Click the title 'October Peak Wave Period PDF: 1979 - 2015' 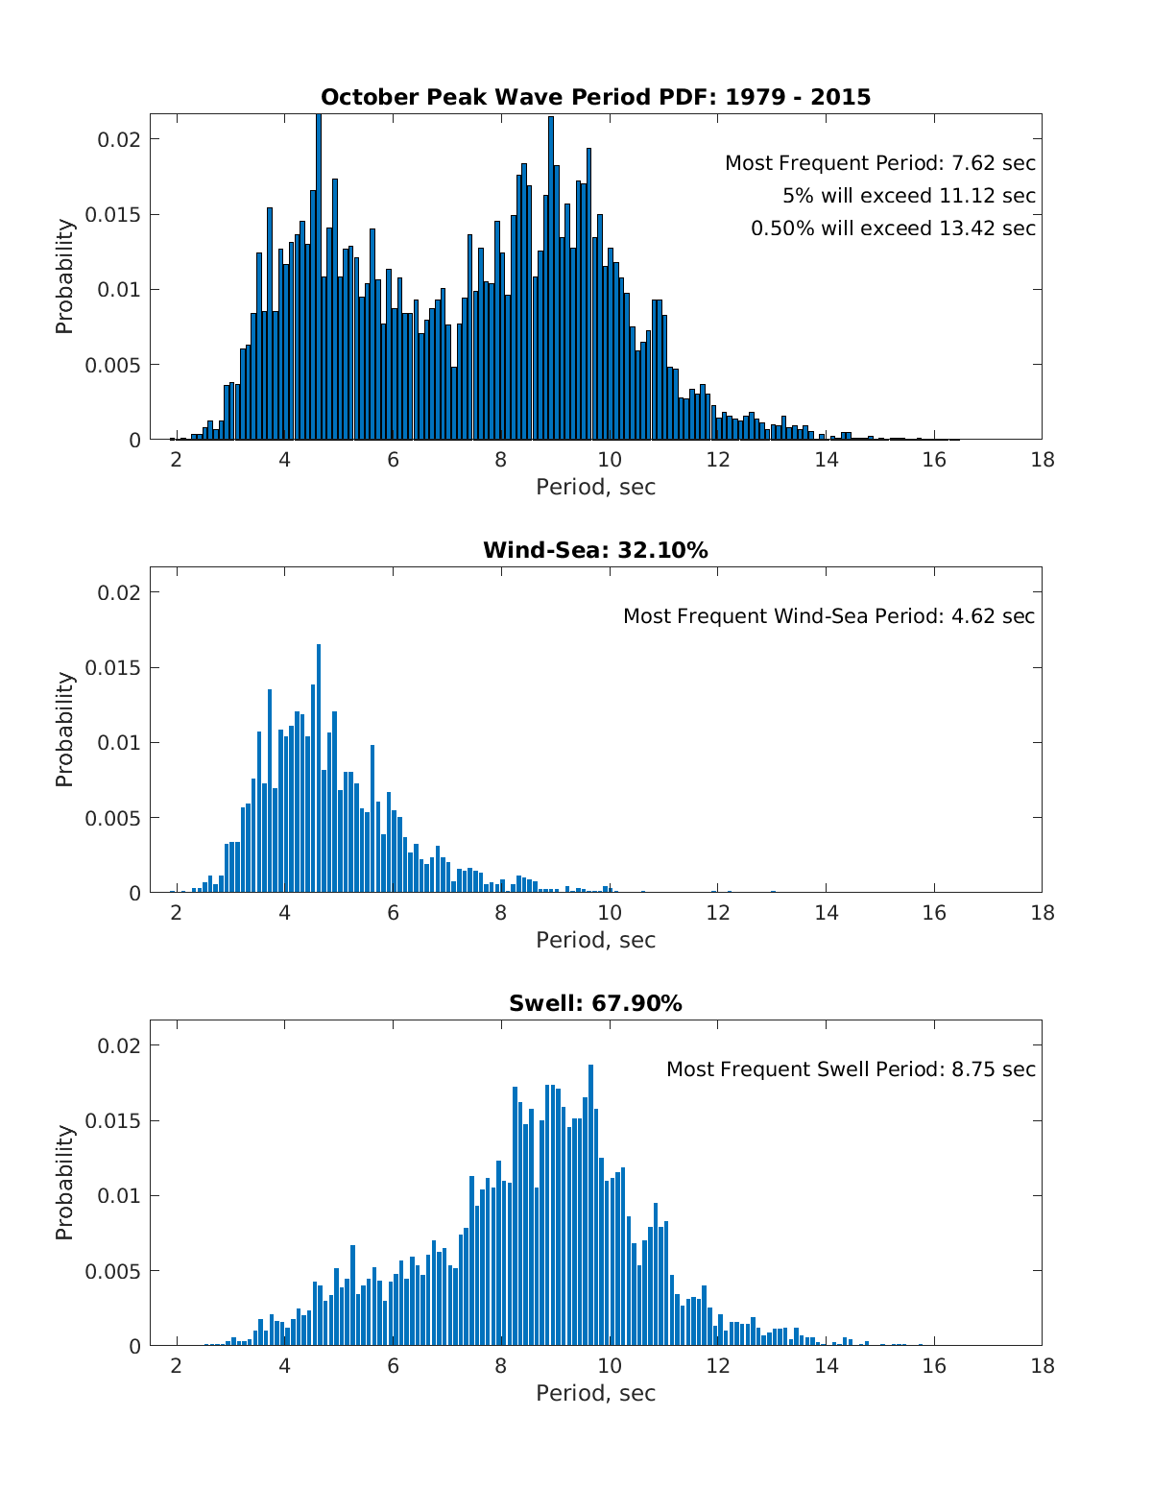tap(595, 97)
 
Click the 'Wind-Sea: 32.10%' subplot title tap(595, 550)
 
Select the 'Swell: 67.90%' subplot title tap(595, 1003)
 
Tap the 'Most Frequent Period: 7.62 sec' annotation tap(879, 163)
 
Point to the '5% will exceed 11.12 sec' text tap(908, 196)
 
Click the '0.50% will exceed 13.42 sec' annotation tap(893, 228)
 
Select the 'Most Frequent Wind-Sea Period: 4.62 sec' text tap(828, 616)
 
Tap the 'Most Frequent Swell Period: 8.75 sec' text tap(851, 1069)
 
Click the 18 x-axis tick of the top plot tap(1042, 460)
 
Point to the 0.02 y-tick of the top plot tap(119, 139)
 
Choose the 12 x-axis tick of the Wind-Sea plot tap(717, 913)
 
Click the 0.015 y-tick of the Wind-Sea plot tap(113, 668)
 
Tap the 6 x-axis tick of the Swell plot tap(393, 1366)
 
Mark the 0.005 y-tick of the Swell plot tap(113, 1271)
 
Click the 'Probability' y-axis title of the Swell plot tap(64, 1183)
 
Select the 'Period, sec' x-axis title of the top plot tap(595, 487)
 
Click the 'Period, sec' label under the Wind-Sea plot tap(595, 940)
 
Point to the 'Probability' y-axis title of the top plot tap(64, 276)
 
